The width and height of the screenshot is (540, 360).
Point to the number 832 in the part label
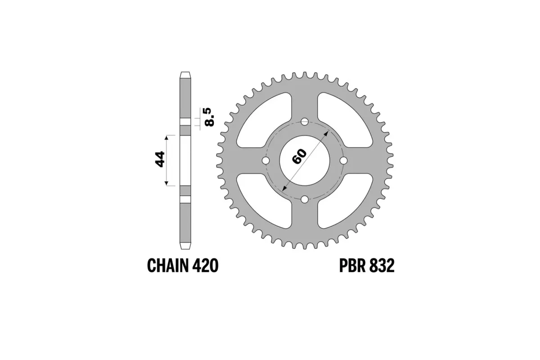click(382, 266)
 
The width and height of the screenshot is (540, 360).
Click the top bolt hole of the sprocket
click(305, 121)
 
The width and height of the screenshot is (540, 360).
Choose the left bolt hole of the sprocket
click(265, 161)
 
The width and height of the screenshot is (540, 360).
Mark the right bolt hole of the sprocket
click(344, 161)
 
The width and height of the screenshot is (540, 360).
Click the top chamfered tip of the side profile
click(185, 75)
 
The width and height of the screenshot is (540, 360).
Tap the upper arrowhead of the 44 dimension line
click(167, 137)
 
